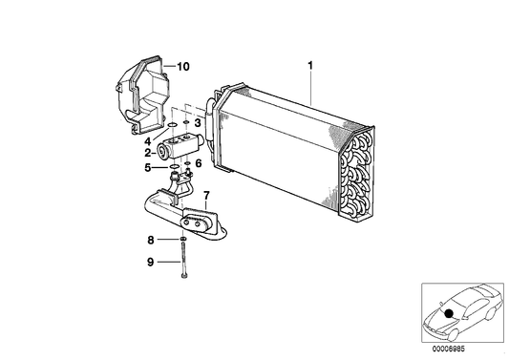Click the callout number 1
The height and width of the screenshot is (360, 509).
point(310,66)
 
